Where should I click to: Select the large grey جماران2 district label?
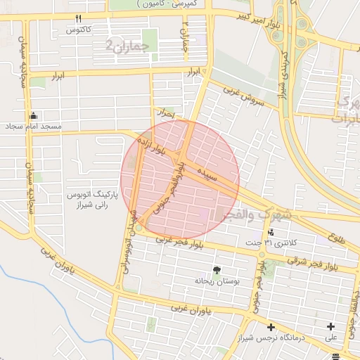coord(127,46)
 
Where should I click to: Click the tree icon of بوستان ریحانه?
coord(216,269)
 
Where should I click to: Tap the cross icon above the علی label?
coord(330,326)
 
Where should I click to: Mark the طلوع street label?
coord(337,238)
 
